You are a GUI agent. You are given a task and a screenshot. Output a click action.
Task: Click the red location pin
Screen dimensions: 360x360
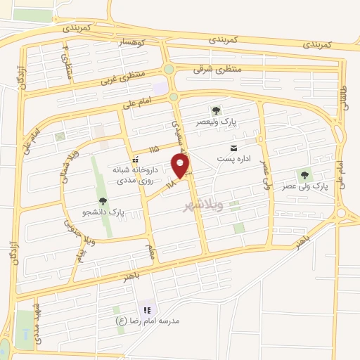coord(181,166)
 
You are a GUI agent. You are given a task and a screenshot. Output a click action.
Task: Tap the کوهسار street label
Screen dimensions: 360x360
coord(130,43)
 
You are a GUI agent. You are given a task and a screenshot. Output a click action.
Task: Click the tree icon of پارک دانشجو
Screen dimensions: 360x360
coord(103,202)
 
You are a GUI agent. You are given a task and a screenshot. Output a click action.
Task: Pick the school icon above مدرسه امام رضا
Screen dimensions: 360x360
coord(147,309)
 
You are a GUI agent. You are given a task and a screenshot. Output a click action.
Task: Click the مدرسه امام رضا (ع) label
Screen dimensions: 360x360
coord(148,321)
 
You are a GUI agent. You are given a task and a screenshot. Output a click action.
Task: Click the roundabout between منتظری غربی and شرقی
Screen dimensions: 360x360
coord(169,68)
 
